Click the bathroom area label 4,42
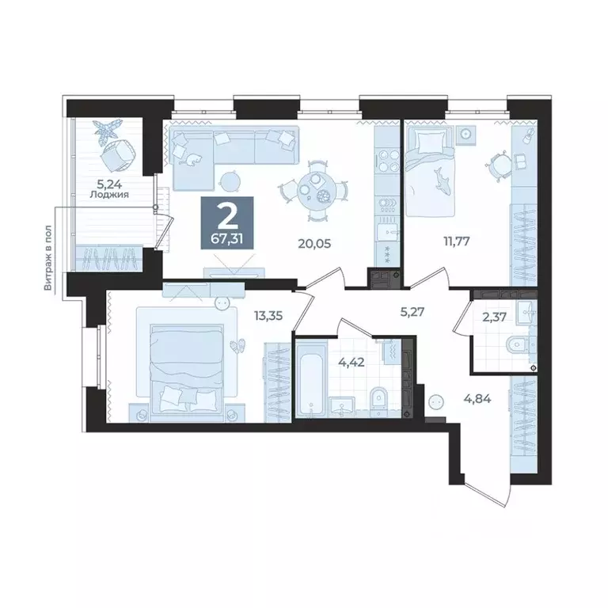[351, 364]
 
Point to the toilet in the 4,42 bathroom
[378, 397]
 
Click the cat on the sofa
[193, 160]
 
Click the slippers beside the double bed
[236, 345]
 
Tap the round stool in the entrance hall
[435, 402]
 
